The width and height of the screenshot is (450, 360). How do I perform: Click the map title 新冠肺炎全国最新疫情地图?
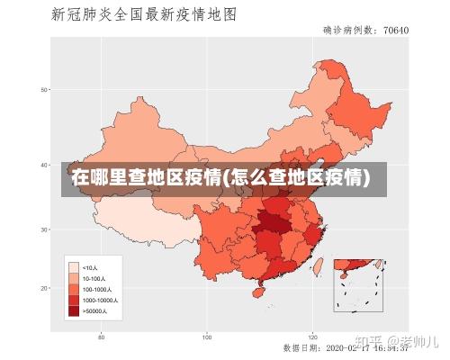click(x=144, y=14)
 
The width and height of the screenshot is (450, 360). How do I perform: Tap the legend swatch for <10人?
click(x=74, y=267)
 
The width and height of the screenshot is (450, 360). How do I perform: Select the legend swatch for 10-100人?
click(x=74, y=278)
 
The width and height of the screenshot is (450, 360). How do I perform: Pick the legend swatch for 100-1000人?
click(x=74, y=289)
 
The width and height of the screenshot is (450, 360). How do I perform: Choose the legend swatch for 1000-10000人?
click(x=74, y=300)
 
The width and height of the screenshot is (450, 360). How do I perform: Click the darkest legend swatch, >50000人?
click(x=74, y=310)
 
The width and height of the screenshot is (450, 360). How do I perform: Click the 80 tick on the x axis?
click(x=102, y=337)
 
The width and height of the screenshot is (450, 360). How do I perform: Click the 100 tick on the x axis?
click(x=207, y=337)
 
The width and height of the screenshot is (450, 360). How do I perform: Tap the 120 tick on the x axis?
click(x=312, y=337)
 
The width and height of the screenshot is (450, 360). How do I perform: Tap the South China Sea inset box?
click(x=358, y=285)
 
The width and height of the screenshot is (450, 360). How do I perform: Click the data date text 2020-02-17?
click(x=346, y=346)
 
